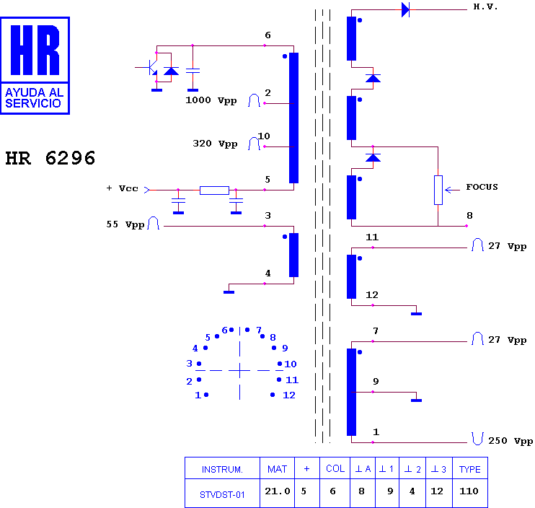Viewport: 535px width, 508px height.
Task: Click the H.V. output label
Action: [485, 6]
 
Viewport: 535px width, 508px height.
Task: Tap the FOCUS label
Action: [482, 187]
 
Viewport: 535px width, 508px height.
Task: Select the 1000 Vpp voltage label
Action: [211, 100]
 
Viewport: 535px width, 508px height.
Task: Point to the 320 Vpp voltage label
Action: [215, 144]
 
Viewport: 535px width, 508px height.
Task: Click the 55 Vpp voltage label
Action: [125, 224]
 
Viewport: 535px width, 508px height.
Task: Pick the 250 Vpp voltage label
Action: [510, 441]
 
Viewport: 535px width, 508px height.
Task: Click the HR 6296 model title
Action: [50, 158]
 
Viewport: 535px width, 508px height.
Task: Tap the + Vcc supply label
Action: [122, 188]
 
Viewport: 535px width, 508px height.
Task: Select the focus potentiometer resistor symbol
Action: [438, 190]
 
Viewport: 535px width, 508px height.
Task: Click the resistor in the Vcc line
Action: [214, 190]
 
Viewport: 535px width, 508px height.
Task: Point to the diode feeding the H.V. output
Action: [405, 9]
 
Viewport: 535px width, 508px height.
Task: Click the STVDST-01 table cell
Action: [222, 495]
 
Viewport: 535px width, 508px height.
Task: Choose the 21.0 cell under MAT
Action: [278, 491]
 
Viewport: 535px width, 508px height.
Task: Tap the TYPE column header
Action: [469, 470]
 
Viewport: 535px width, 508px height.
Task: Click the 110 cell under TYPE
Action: [469, 491]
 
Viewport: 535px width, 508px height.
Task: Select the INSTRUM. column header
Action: [222, 470]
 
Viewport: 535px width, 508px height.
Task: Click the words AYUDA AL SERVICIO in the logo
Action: [35, 97]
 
